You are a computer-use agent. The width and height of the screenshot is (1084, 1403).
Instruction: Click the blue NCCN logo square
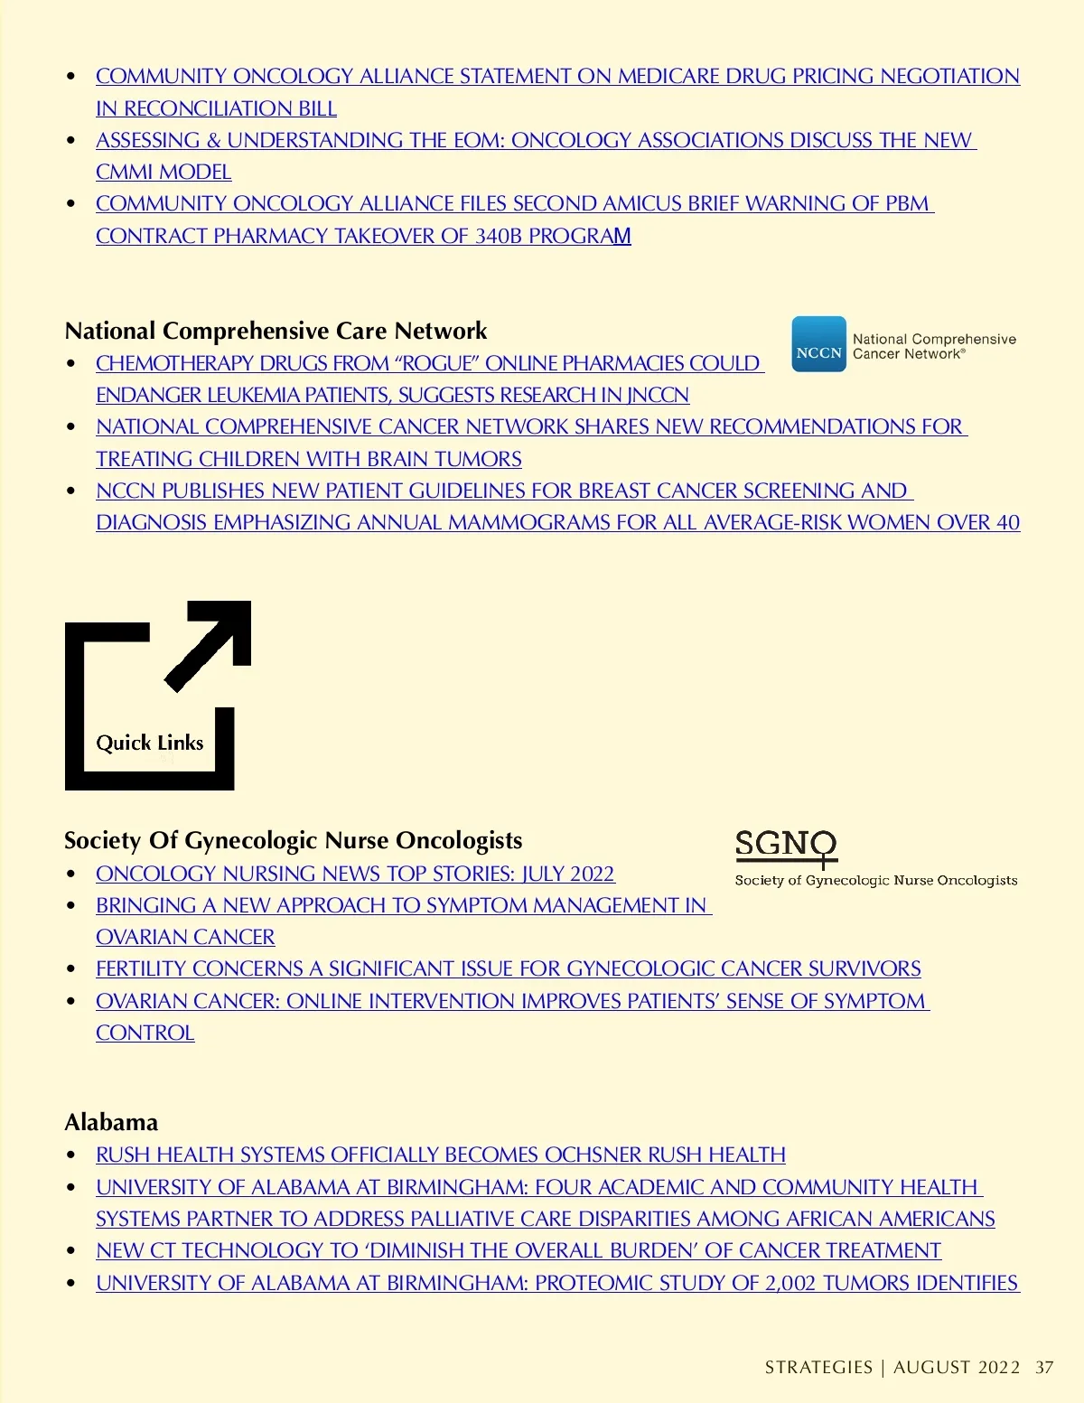(818, 344)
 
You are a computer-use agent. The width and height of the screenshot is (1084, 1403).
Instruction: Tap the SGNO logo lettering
(785, 845)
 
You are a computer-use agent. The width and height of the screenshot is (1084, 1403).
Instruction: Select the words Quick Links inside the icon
(150, 743)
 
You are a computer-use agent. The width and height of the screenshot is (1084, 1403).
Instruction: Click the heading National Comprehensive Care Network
(276, 331)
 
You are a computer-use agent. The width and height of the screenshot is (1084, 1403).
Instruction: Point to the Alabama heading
(111, 1122)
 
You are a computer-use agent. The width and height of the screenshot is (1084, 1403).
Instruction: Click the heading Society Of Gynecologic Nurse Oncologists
(293, 840)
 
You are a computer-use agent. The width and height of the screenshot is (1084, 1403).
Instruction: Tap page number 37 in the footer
(1044, 1367)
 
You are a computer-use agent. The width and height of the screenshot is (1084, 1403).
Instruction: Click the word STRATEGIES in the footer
(818, 1367)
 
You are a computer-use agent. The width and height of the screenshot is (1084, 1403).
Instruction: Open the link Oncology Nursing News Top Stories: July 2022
(355, 874)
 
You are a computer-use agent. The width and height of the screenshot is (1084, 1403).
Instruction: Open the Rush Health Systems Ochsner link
(441, 1155)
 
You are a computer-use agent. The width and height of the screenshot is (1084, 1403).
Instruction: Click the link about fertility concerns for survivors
(508, 968)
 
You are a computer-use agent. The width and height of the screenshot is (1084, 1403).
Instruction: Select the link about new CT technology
(519, 1250)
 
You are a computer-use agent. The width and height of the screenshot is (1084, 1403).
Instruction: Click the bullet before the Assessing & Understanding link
(71, 140)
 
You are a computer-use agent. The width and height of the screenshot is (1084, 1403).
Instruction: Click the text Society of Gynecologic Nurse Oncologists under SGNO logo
(875, 880)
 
